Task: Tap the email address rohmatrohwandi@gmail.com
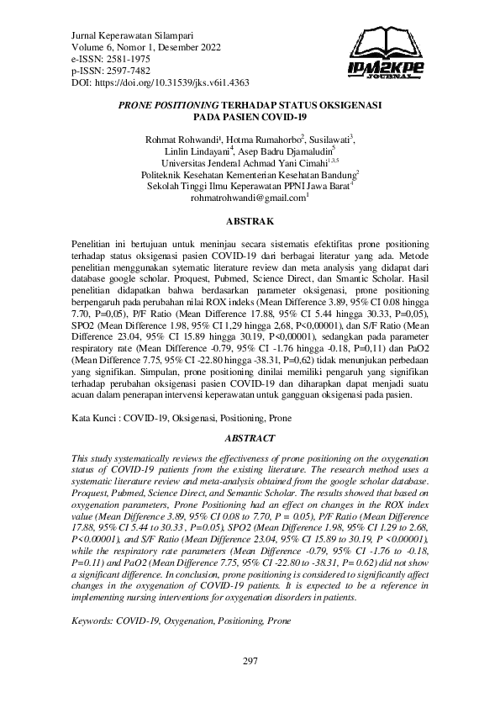(x=249, y=198)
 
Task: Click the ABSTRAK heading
(x=250, y=221)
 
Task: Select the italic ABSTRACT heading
(x=250, y=438)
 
